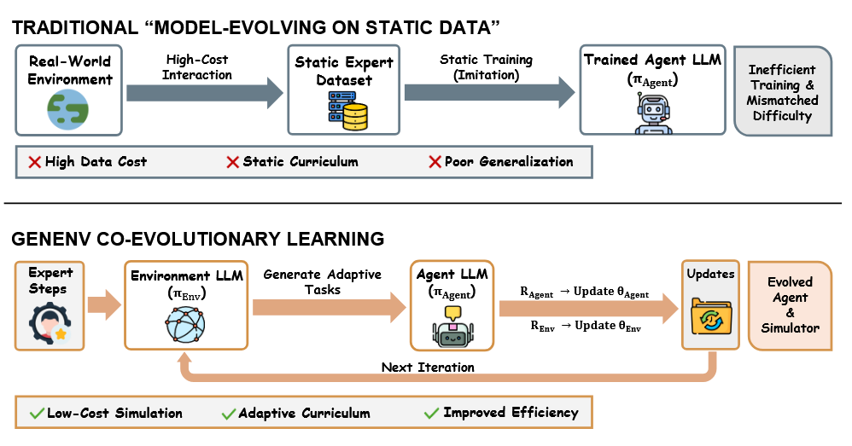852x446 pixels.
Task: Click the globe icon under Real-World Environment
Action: pos(68,110)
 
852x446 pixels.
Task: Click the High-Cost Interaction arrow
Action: pos(204,91)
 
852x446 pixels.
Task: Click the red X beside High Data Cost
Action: pos(35,162)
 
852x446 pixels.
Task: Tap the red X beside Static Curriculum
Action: pos(232,162)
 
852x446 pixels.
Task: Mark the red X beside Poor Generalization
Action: pos(434,162)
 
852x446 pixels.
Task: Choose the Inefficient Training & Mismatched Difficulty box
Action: pos(783,92)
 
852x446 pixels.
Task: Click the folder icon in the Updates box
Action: pos(709,321)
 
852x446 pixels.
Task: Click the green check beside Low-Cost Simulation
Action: pos(36,414)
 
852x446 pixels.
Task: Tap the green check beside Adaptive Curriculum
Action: pos(228,414)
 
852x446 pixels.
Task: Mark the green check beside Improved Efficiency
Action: pos(431,414)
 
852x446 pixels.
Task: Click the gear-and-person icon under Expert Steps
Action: pos(50,323)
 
